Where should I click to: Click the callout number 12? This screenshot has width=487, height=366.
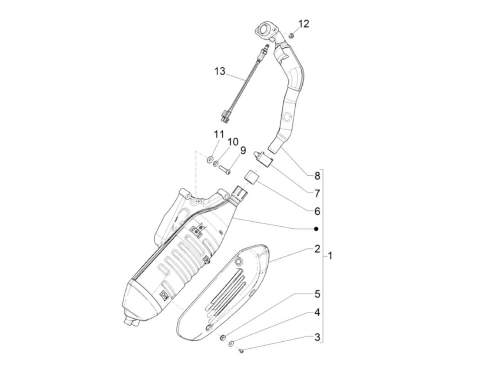tap(303, 24)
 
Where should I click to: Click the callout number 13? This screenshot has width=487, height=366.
tap(220, 72)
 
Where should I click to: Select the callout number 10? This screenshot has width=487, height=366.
tap(233, 142)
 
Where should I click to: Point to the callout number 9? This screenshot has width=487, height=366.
tap(243, 151)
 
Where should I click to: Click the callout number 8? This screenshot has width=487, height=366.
tap(317, 176)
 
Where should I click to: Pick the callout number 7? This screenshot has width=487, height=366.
tap(317, 193)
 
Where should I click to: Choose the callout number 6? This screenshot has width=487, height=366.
tap(317, 211)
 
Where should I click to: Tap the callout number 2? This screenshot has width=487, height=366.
tap(317, 249)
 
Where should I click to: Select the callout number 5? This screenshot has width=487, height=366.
tap(317, 294)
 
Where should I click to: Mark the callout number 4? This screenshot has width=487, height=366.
tap(317, 312)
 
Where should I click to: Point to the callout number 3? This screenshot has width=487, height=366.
tap(317, 337)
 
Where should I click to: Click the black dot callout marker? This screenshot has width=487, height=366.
tap(316, 229)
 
